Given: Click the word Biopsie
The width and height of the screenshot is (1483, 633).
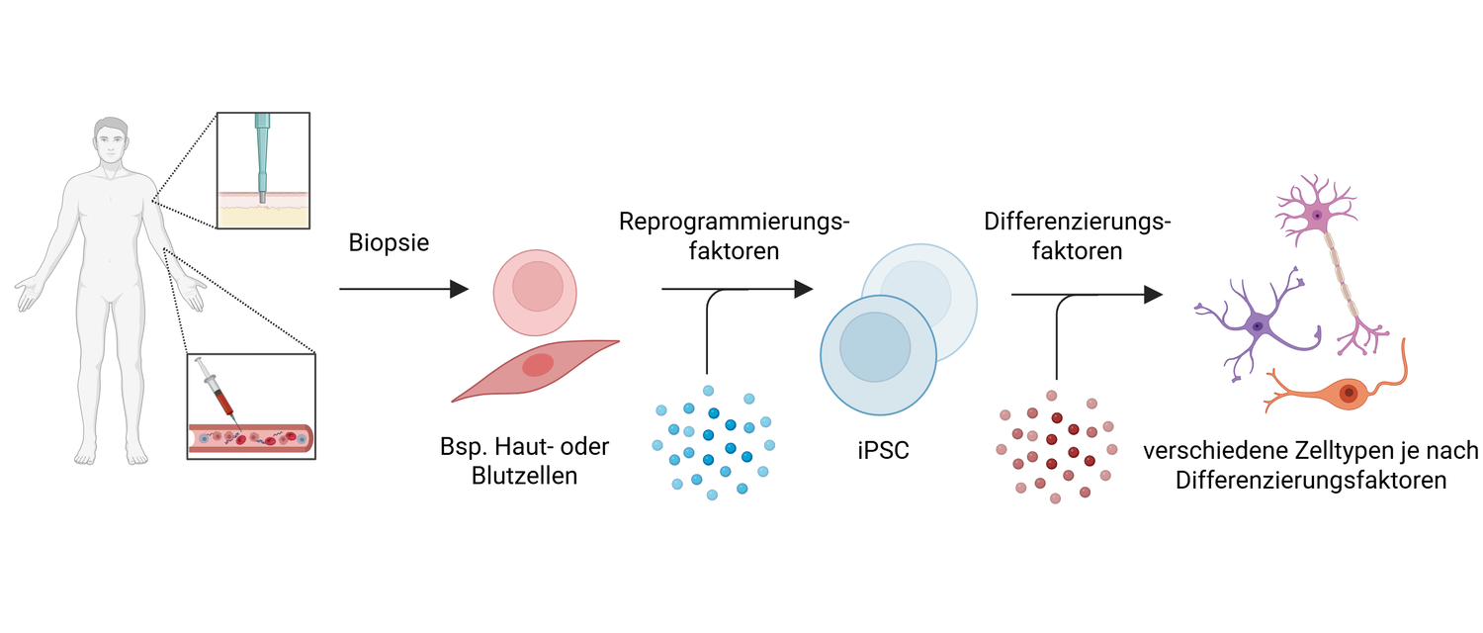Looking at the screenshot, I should [389, 242].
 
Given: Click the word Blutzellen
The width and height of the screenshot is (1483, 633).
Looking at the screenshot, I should [524, 477].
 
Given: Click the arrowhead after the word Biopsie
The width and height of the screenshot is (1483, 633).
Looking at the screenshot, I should [458, 289].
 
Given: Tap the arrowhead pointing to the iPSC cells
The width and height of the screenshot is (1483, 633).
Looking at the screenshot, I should [803, 289].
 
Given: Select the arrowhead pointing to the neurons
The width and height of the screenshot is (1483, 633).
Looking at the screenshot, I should [1152, 294].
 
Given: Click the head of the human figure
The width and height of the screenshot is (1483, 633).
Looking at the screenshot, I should [111, 143].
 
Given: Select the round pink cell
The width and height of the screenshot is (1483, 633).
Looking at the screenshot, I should [534, 292].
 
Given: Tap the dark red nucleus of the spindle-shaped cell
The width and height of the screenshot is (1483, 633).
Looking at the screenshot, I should [538, 365].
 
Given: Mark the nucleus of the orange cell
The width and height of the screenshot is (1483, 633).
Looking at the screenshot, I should [1348, 394].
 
